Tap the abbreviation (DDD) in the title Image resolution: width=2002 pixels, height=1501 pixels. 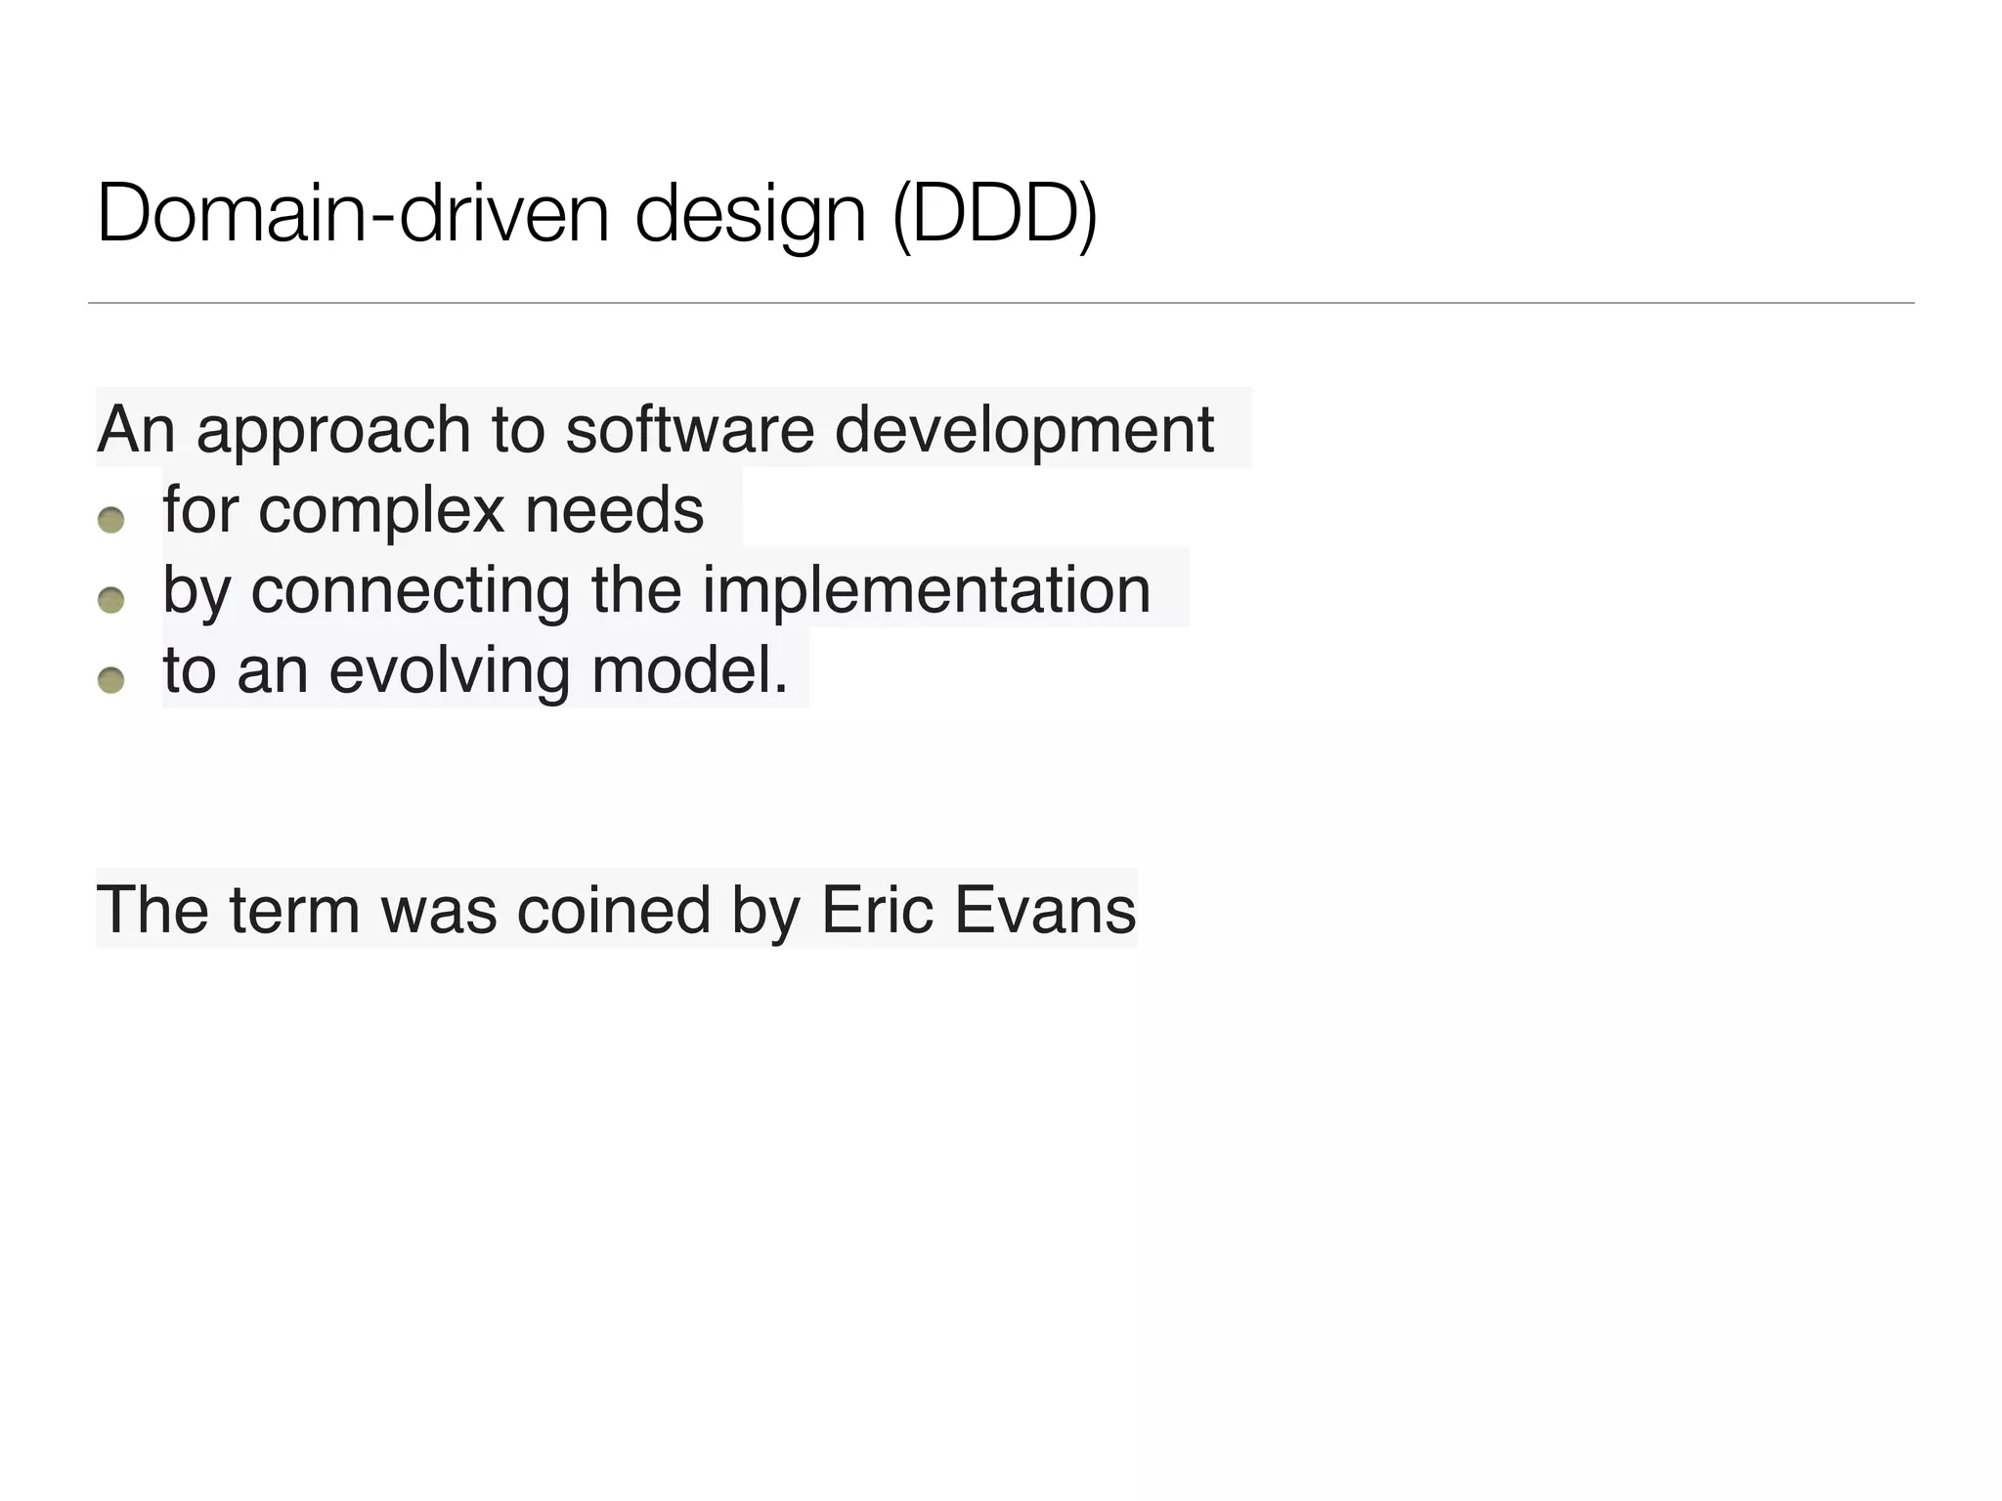pos(994,216)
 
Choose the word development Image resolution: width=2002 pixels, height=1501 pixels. pos(1023,431)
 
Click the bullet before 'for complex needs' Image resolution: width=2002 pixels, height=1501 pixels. pos(111,520)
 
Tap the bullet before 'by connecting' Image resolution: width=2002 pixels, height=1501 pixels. pos(111,599)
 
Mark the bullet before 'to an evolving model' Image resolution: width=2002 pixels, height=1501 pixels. pos(111,679)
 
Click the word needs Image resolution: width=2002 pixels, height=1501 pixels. pos(614,510)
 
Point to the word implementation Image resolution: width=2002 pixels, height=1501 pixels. pos(926,590)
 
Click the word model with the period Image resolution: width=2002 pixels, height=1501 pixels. pos(689,670)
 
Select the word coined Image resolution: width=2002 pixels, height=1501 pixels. pos(613,910)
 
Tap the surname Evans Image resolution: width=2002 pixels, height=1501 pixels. pos(1045,910)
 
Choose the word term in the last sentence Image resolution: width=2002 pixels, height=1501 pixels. pos(294,910)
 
